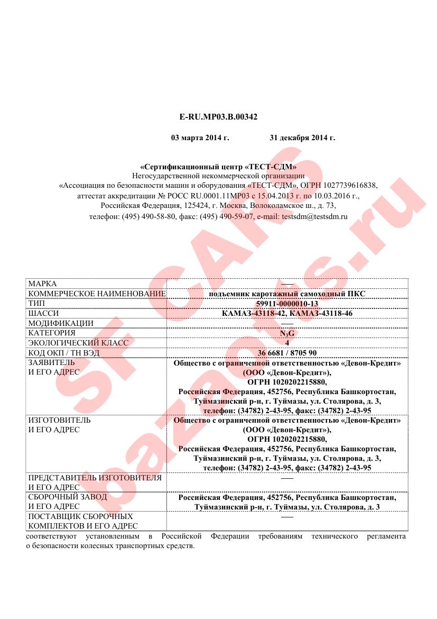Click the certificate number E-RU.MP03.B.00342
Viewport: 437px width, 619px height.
pos(218,116)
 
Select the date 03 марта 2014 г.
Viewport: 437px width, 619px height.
pos(200,138)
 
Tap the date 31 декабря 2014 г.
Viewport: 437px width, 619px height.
pos(302,138)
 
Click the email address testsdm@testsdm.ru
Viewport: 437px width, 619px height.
pos(315,216)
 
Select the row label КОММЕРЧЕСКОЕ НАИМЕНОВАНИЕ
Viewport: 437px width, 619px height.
pos(97,294)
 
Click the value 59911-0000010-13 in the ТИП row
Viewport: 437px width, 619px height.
pos(287,304)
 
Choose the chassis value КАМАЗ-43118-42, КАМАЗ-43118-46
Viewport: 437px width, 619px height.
pos(287,313)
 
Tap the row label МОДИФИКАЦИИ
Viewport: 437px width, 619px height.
pos(61,323)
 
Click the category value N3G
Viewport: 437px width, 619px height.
pos(287,333)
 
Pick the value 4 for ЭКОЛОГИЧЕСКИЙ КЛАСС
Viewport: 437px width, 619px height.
pos(287,343)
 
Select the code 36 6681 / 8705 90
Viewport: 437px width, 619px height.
pos(287,353)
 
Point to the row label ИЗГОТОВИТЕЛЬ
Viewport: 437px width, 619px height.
pos(59,420)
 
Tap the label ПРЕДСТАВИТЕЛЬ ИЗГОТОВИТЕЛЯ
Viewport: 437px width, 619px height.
pos(95,478)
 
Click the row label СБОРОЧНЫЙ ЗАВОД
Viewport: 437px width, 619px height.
pos(67,497)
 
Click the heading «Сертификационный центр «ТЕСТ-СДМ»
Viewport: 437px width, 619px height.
pos(218,167)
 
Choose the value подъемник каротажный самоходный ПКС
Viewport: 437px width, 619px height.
pos(287,294)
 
